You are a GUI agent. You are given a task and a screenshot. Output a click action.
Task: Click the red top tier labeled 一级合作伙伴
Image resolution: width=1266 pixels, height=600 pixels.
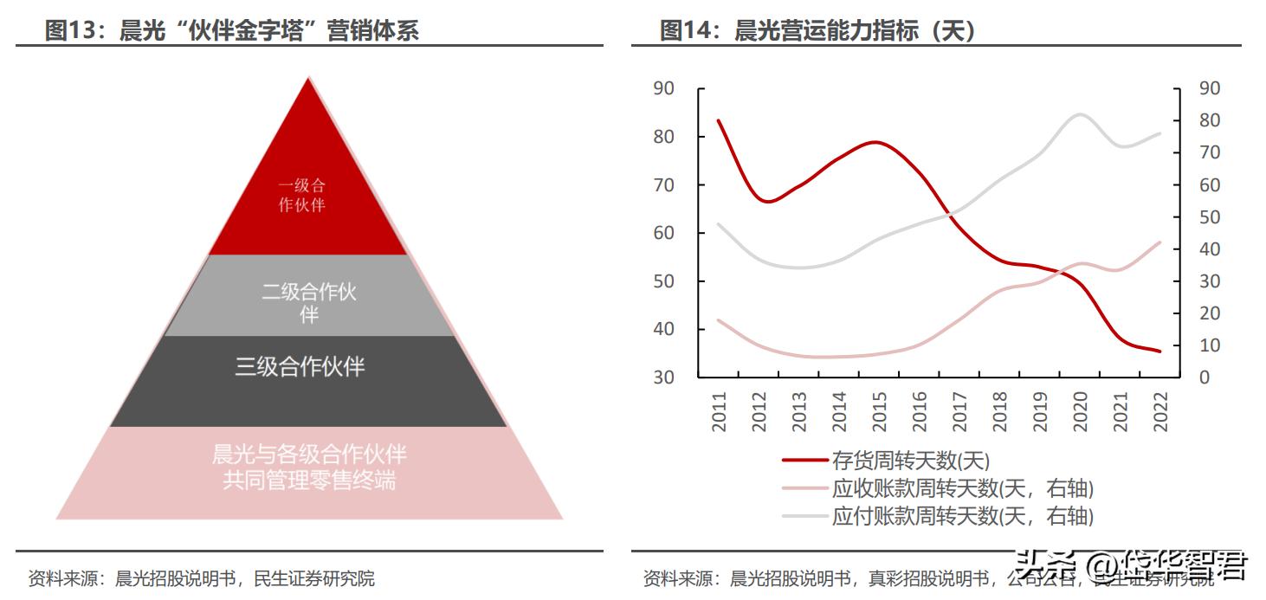pos(302,195)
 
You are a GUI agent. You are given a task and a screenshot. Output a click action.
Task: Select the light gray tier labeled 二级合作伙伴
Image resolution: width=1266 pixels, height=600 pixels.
pos(309,303)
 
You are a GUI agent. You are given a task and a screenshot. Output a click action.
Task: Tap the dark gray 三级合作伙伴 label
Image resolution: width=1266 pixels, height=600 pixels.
pos(300,366)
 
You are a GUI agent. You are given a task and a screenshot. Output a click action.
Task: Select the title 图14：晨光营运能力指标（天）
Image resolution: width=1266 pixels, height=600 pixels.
pos(818,31)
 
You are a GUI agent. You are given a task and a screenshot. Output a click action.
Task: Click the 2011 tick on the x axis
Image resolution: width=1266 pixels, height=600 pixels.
pos(720,411)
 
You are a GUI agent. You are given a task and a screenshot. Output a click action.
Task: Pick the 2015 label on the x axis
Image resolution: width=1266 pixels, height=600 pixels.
pos(878,411)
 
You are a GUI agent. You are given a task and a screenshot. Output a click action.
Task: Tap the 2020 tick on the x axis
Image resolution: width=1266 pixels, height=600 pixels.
pos(1080,411)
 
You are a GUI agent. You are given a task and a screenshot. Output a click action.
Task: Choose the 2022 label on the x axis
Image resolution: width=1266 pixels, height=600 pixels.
pos(1160,411)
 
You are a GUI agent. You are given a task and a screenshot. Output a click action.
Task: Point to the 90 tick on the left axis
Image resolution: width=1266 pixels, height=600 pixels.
pos(664,88)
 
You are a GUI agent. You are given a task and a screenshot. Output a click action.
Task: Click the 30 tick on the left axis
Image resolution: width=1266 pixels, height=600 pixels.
pos(664,377)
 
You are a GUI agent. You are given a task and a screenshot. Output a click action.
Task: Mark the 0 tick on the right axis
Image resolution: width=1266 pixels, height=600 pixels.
pos(1205,377)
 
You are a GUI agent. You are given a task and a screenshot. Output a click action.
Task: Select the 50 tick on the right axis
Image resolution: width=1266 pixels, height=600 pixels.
pos(1209,217)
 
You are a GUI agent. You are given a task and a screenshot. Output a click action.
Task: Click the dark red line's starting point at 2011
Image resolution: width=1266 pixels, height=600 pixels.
pos(720,120)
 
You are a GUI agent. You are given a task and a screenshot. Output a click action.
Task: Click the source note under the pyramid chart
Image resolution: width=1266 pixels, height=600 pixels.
pos(202,578)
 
